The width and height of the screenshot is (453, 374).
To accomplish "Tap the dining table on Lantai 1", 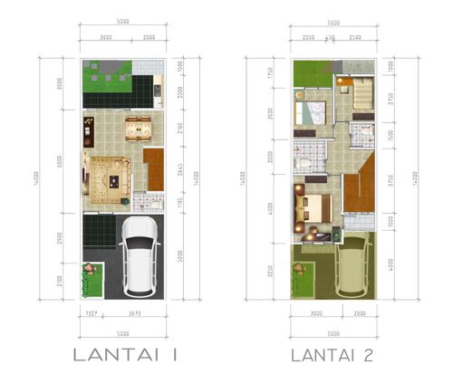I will [x=138, y=129].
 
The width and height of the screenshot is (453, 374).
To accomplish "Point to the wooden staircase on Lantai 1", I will [x=153, y=169].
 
